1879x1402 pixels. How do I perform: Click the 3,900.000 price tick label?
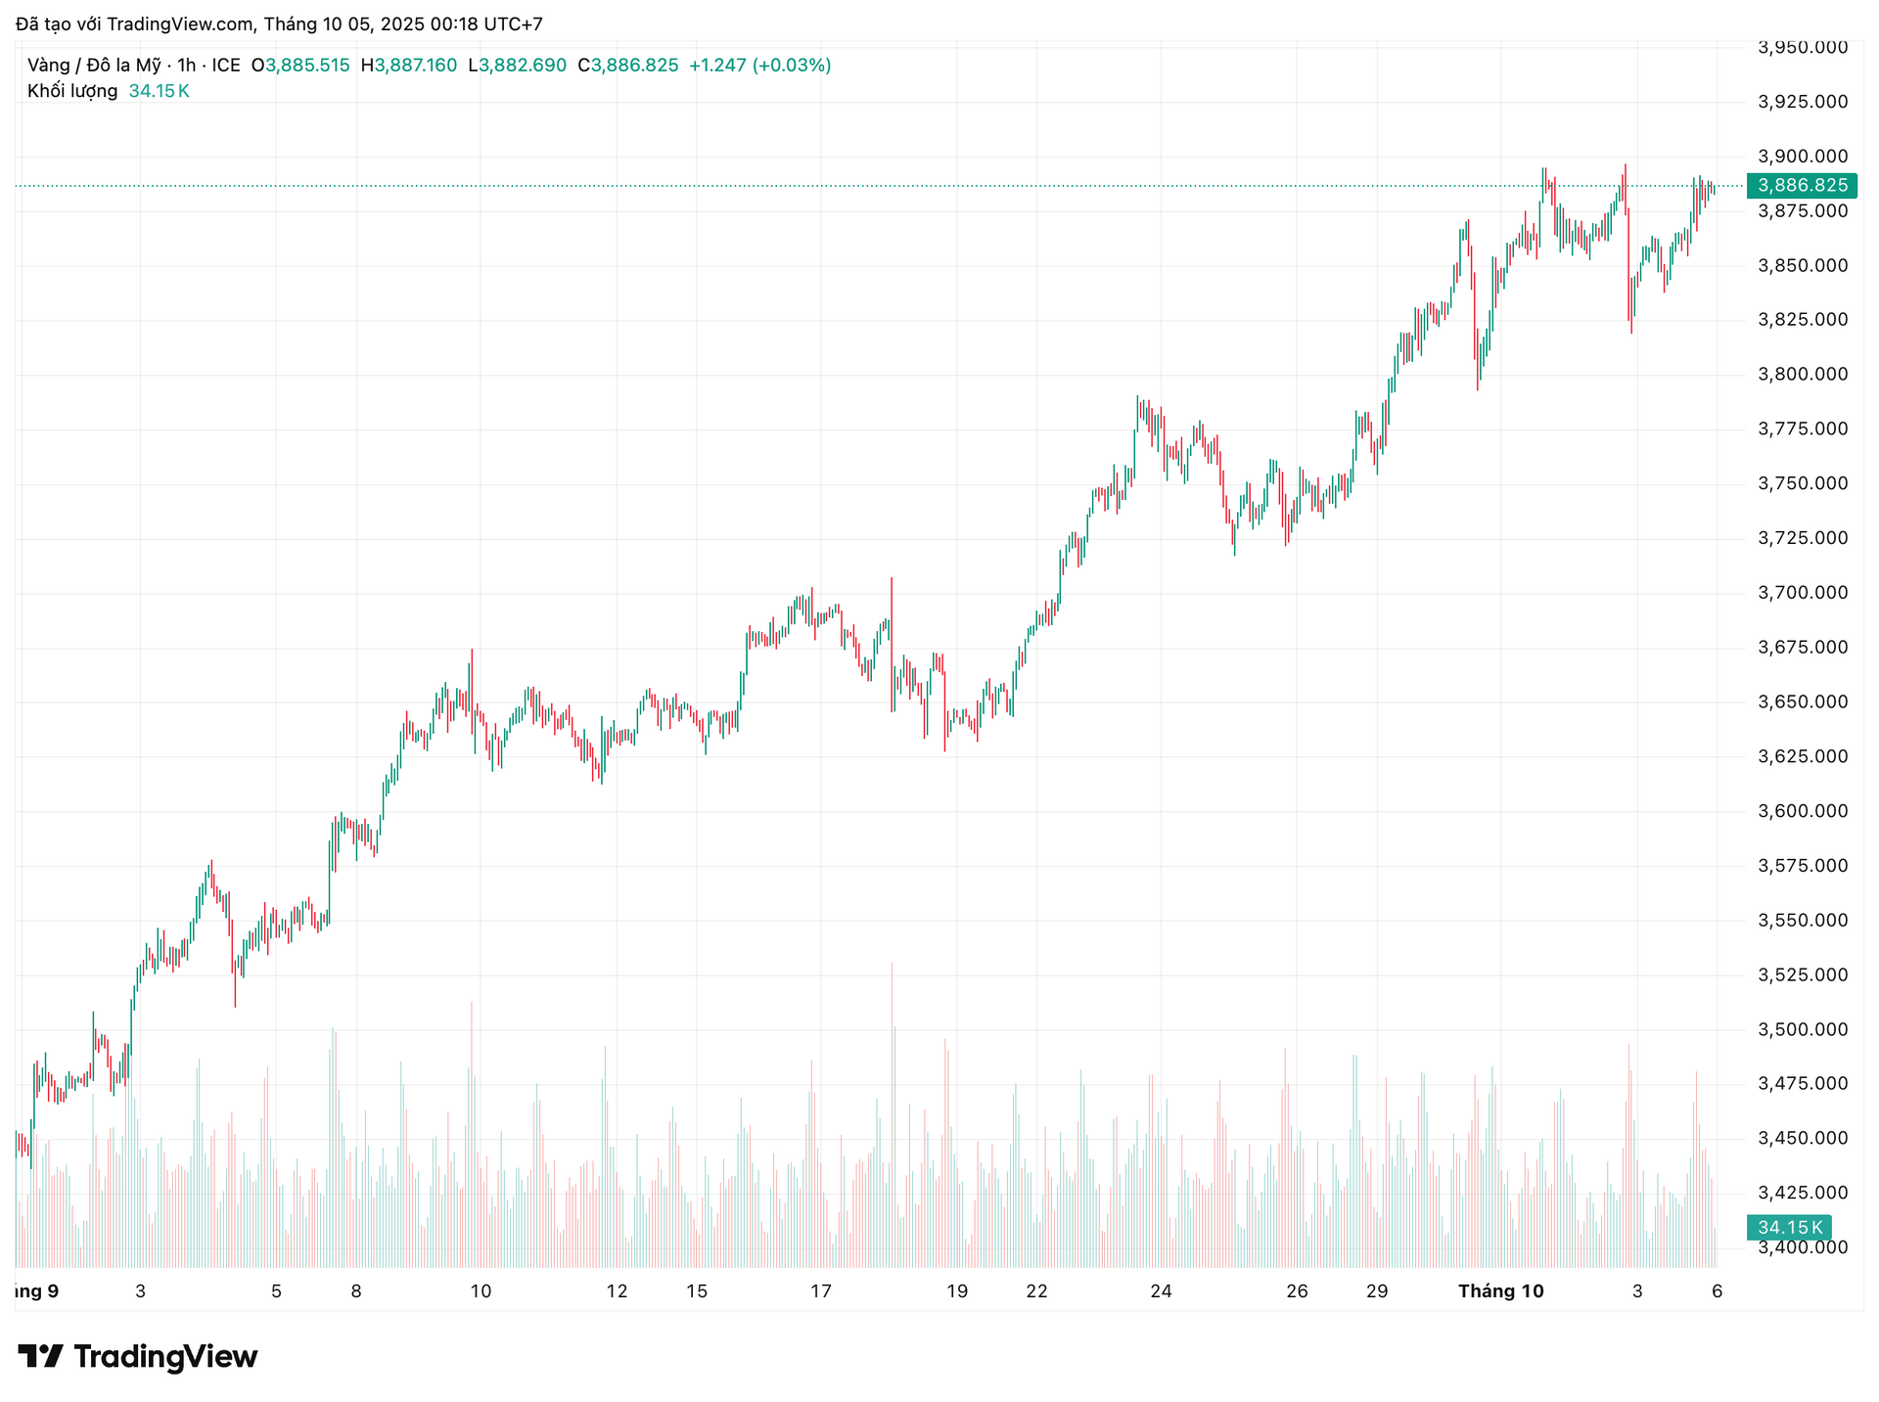[x=1803, y=157]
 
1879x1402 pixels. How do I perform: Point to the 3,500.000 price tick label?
[x=1803, y=1029]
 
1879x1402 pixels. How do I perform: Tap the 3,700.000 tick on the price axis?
[x=1803, y=593]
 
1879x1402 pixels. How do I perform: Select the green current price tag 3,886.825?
[x=1802, y=185]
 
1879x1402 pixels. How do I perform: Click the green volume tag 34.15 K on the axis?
[x=1789, y=1227]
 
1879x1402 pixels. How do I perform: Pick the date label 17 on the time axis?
[x=821, y=1291]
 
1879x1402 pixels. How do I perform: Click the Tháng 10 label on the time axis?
[x=1500, y=1291]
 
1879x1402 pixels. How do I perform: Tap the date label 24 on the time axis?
[x=1161, y=1291]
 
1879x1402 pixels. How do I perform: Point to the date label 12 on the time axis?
[x=617, y=1291]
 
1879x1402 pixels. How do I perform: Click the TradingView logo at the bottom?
[x=138, y=1357]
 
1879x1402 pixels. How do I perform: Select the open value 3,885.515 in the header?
[x=307, y=66]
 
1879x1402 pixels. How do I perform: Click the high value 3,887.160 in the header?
[x=416, y=66]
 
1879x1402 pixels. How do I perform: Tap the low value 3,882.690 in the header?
[x=523, y=66]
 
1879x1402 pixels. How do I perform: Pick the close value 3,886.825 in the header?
[x=634, y=66]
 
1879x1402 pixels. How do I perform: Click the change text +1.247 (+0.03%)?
[x=760, y=66]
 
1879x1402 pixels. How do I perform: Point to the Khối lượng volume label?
[x=72, y=91]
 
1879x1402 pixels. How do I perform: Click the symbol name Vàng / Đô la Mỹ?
[x=94, y=66]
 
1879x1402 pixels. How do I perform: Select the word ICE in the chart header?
[x=226, y=66]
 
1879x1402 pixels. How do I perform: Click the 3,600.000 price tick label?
[x=1803, y=811]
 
